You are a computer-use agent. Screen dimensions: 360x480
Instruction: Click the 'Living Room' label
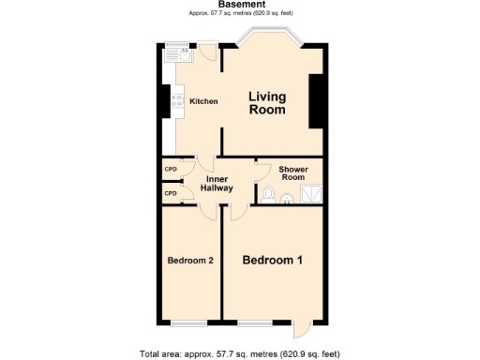click(x=267, y=103)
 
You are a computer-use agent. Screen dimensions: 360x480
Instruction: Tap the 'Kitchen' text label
click(x=203, y=101)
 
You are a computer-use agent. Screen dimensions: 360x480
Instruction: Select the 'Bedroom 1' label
click(x=272, y=260)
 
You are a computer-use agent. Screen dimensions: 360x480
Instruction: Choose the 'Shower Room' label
click(x=293, y=173)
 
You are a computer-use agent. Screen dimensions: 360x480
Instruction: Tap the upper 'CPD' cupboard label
click(x=171, y=170)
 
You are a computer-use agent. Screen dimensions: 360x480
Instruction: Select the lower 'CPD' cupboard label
click(x=171, y=193)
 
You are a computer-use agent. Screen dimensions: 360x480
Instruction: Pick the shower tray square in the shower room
click(x=309, y=194)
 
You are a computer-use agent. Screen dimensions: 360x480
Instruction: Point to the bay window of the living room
click(x=269, y=38)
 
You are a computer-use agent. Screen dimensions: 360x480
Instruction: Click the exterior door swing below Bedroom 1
click(x=300, y=329)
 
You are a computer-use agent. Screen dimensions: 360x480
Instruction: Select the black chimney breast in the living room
click(x=316, y=100)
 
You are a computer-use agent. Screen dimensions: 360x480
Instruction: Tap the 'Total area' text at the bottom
click(x=241, y=353)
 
